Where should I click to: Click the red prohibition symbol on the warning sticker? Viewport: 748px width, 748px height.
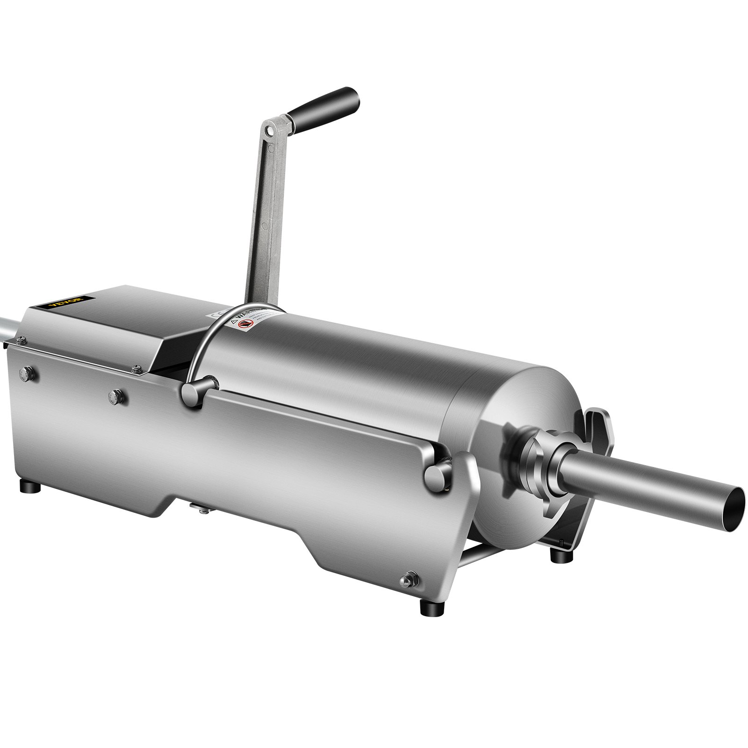(x=242, y=324)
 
